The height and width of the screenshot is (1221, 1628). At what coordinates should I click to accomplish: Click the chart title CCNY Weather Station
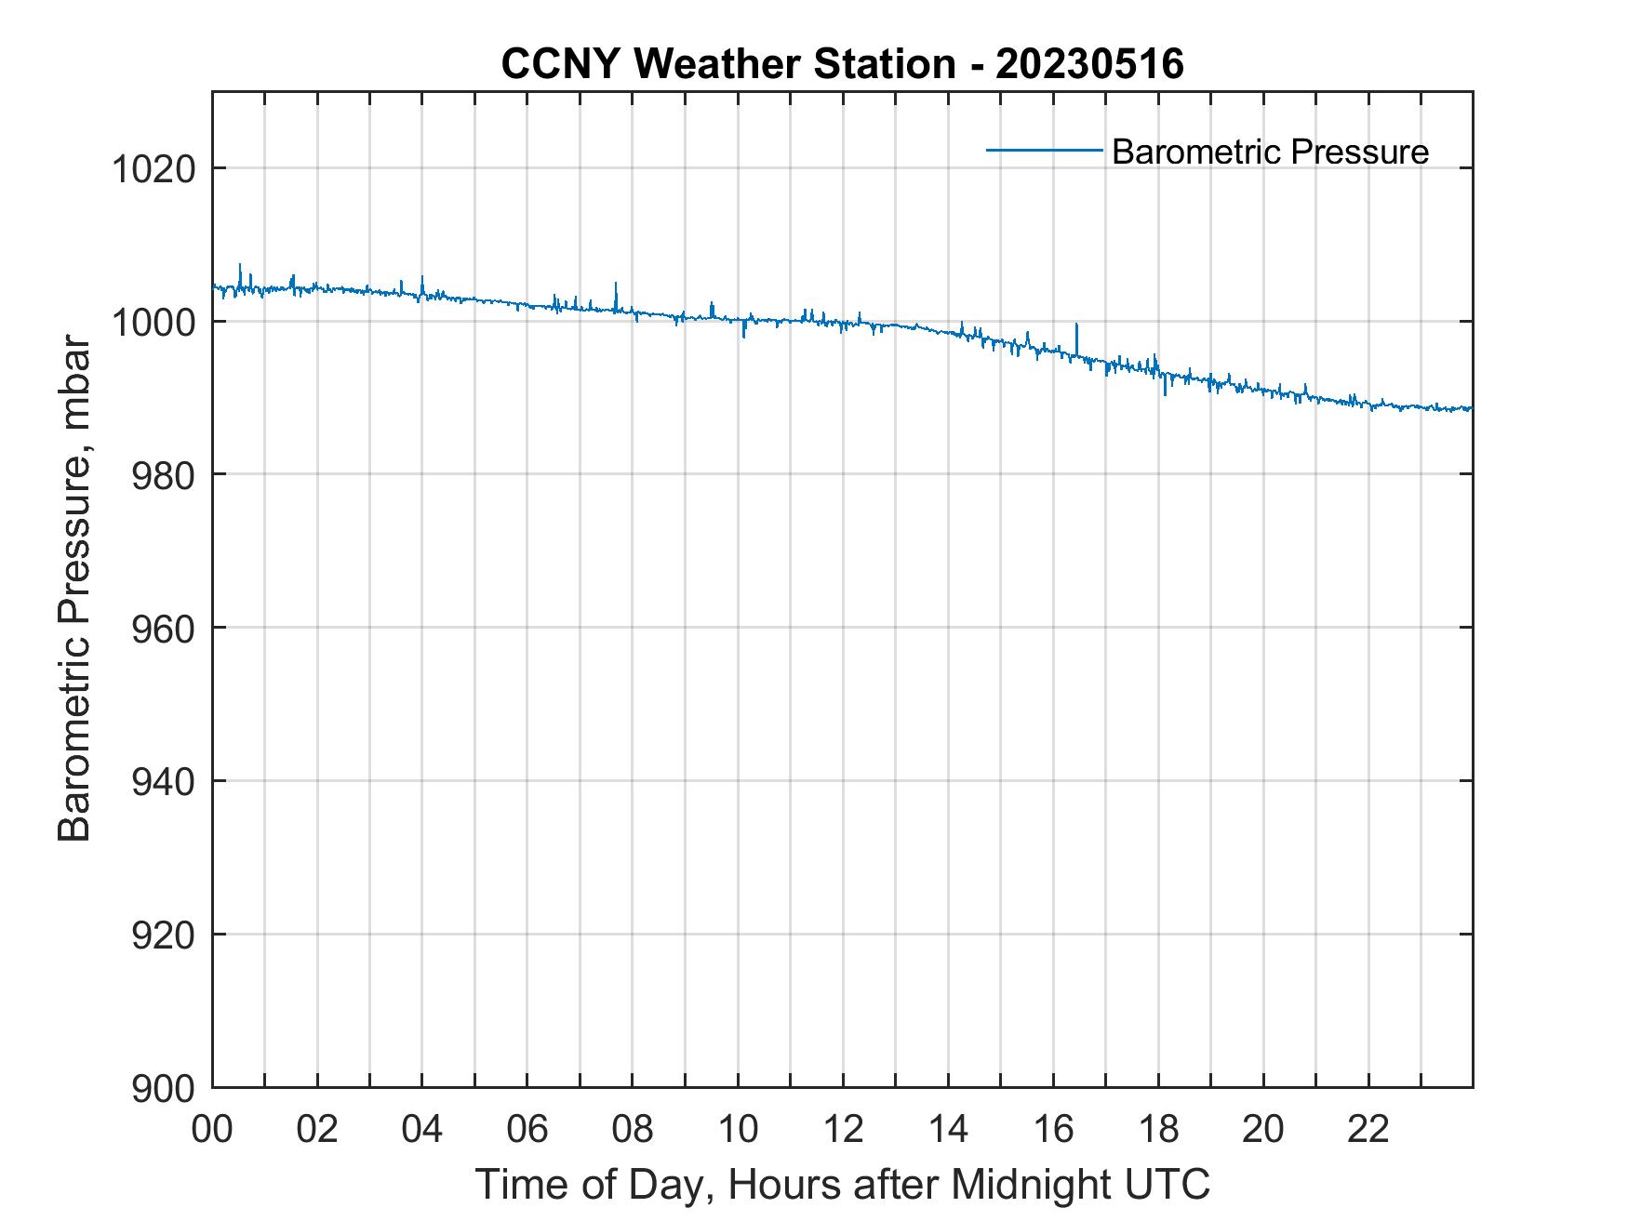[x=727, y=65]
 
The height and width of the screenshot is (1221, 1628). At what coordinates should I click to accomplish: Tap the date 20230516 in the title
[x=1089, y=65]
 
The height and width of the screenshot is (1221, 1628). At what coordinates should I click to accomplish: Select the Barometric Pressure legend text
[x=1270, y=152]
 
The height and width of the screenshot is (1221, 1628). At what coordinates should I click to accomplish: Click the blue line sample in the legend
[x=1044, y=150]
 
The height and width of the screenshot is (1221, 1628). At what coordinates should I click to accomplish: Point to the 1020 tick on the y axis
[x=152, y=169]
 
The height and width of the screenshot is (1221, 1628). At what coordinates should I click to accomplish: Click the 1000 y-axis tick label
[x=152, y=322]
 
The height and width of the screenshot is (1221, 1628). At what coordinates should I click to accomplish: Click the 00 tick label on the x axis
[x=212, y=1130]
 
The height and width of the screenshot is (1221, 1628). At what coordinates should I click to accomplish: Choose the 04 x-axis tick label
[x=422, y=1130]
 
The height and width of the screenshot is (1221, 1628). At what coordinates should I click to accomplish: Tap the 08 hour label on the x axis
[x=633, y=1130]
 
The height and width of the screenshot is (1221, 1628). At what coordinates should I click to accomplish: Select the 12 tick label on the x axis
[x=843, y=1130]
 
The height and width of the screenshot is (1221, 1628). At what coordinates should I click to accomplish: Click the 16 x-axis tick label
[x=1053, y=1130]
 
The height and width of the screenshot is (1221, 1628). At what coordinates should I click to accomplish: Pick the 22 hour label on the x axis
[x=1368, y=1130]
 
